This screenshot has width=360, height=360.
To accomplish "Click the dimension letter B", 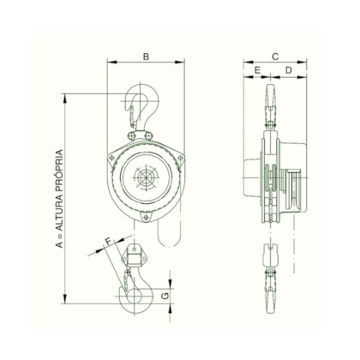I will click(146, 57).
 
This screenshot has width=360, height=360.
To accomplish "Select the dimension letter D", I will click(289, 69).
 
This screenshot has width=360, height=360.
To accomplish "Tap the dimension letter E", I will click(257, 69).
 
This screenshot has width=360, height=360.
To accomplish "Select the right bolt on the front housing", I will click(180, 160).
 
